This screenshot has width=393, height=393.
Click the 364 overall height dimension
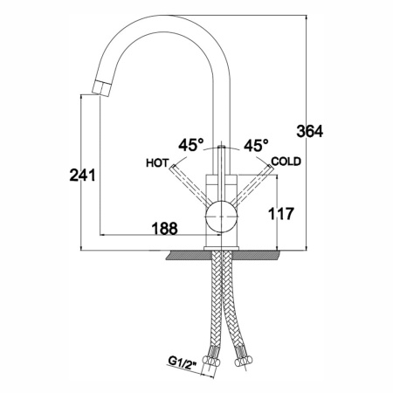[x=310, y=132]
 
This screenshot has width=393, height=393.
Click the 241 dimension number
[x=82, y=176]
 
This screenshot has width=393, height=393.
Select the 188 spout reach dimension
[x=165, y=229]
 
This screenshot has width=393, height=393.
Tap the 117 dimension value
[x=280, y=214]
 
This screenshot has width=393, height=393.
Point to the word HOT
[x=157, y=163]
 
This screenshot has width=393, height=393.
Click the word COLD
[x=286, y=162]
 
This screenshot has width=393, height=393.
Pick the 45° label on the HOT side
[x=191, y=145]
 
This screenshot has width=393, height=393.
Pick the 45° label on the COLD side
[x=256, y=145]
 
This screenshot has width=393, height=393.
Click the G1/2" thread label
[x=183, y=362]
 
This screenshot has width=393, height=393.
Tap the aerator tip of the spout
[x=101, y=88]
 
